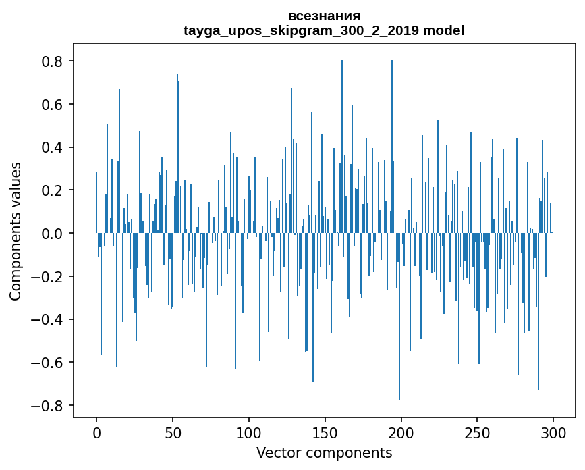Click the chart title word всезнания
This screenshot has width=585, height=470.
click(324, 16)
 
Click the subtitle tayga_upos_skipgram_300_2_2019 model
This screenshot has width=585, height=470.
click(324, 30)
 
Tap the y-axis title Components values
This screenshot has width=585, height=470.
click(15, 231)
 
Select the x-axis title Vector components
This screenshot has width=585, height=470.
click(324, 452)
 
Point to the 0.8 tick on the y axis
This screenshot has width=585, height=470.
click(54, 61)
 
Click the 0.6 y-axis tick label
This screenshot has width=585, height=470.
click(54, 105)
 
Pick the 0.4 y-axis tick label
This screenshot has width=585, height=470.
click(54, 147)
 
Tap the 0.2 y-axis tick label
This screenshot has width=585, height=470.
click(54, 190)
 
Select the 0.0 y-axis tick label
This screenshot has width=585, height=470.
click(54, 234)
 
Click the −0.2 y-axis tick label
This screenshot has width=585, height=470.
click(50, 277)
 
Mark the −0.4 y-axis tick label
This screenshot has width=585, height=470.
click(50, 319)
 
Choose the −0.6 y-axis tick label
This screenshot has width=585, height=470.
click(50, 363)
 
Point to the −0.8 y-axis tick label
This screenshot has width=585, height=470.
click(50, 406)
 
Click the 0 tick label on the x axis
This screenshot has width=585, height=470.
click(96, 432)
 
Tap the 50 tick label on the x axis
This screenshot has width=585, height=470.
click(173, 432)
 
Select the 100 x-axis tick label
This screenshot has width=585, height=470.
click(249, 432)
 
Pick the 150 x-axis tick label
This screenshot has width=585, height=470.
click(325, 432)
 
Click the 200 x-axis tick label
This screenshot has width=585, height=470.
click(401, 432)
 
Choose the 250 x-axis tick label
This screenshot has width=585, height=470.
click(478, 432)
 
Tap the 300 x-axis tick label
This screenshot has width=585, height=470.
click(554, 432)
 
